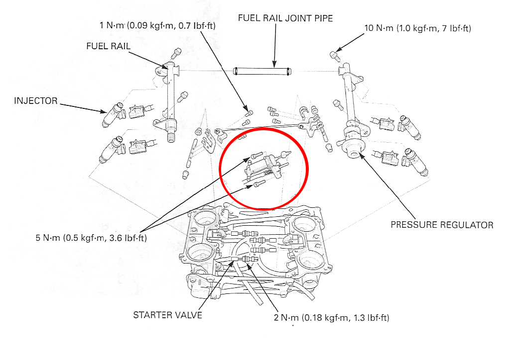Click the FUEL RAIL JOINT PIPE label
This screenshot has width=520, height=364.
click(285, 18)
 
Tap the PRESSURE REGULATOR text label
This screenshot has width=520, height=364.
click(442, 225)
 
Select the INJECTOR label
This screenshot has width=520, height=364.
click(36, 101)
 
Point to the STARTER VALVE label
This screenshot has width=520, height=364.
click(167, 315)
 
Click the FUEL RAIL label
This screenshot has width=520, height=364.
click(108, 46)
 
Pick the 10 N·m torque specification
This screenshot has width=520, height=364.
click(417, 28)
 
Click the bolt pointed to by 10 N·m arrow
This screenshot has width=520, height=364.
click(334, 55)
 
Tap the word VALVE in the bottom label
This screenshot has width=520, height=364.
click(189, 315)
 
